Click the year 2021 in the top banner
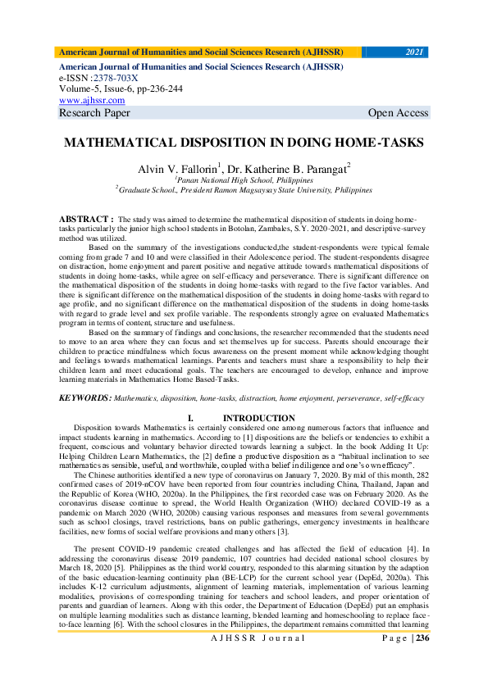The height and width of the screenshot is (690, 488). pos(415,52)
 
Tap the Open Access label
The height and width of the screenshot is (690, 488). pos(398,113)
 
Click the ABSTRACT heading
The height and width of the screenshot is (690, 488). pos(84,220)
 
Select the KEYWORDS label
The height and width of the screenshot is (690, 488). pos(84,397)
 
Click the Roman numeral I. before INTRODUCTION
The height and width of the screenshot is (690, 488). pos(190,419)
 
